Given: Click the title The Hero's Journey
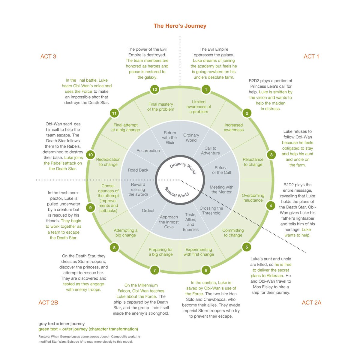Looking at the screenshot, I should click(x=180, y=26).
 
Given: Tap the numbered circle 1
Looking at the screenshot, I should click(x=206, y=89).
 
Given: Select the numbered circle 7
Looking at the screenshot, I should click(x=154, y=270).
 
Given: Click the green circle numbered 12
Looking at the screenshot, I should click(x=154, y=89).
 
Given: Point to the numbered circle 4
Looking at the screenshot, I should click(x=271, y=205).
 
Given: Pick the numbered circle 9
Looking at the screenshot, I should click(x=90, y=207).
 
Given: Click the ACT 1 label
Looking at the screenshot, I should click(x=311, y=56).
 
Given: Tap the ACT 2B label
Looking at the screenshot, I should click(x=48, y=302).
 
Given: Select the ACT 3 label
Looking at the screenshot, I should click(x=48, y=56).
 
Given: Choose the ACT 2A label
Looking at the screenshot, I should click(x=311, y=302).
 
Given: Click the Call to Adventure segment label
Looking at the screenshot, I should click(x=210, y=151).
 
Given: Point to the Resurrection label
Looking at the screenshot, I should click(x=148, y=151).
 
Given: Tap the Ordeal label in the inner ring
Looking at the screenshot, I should click(x=148, y=211).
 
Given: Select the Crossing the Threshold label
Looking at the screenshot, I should click(x=211, y=211).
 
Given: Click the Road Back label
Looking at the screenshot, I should click(x=138, y=170).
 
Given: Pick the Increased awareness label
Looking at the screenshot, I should click(x=234, y=127).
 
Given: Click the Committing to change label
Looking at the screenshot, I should click(x=233, y=233).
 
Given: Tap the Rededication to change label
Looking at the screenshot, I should click(x=108, y=162).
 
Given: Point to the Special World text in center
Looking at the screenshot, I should click(x=177, y=192).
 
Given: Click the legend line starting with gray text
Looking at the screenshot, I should click(x=61, y=324).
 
